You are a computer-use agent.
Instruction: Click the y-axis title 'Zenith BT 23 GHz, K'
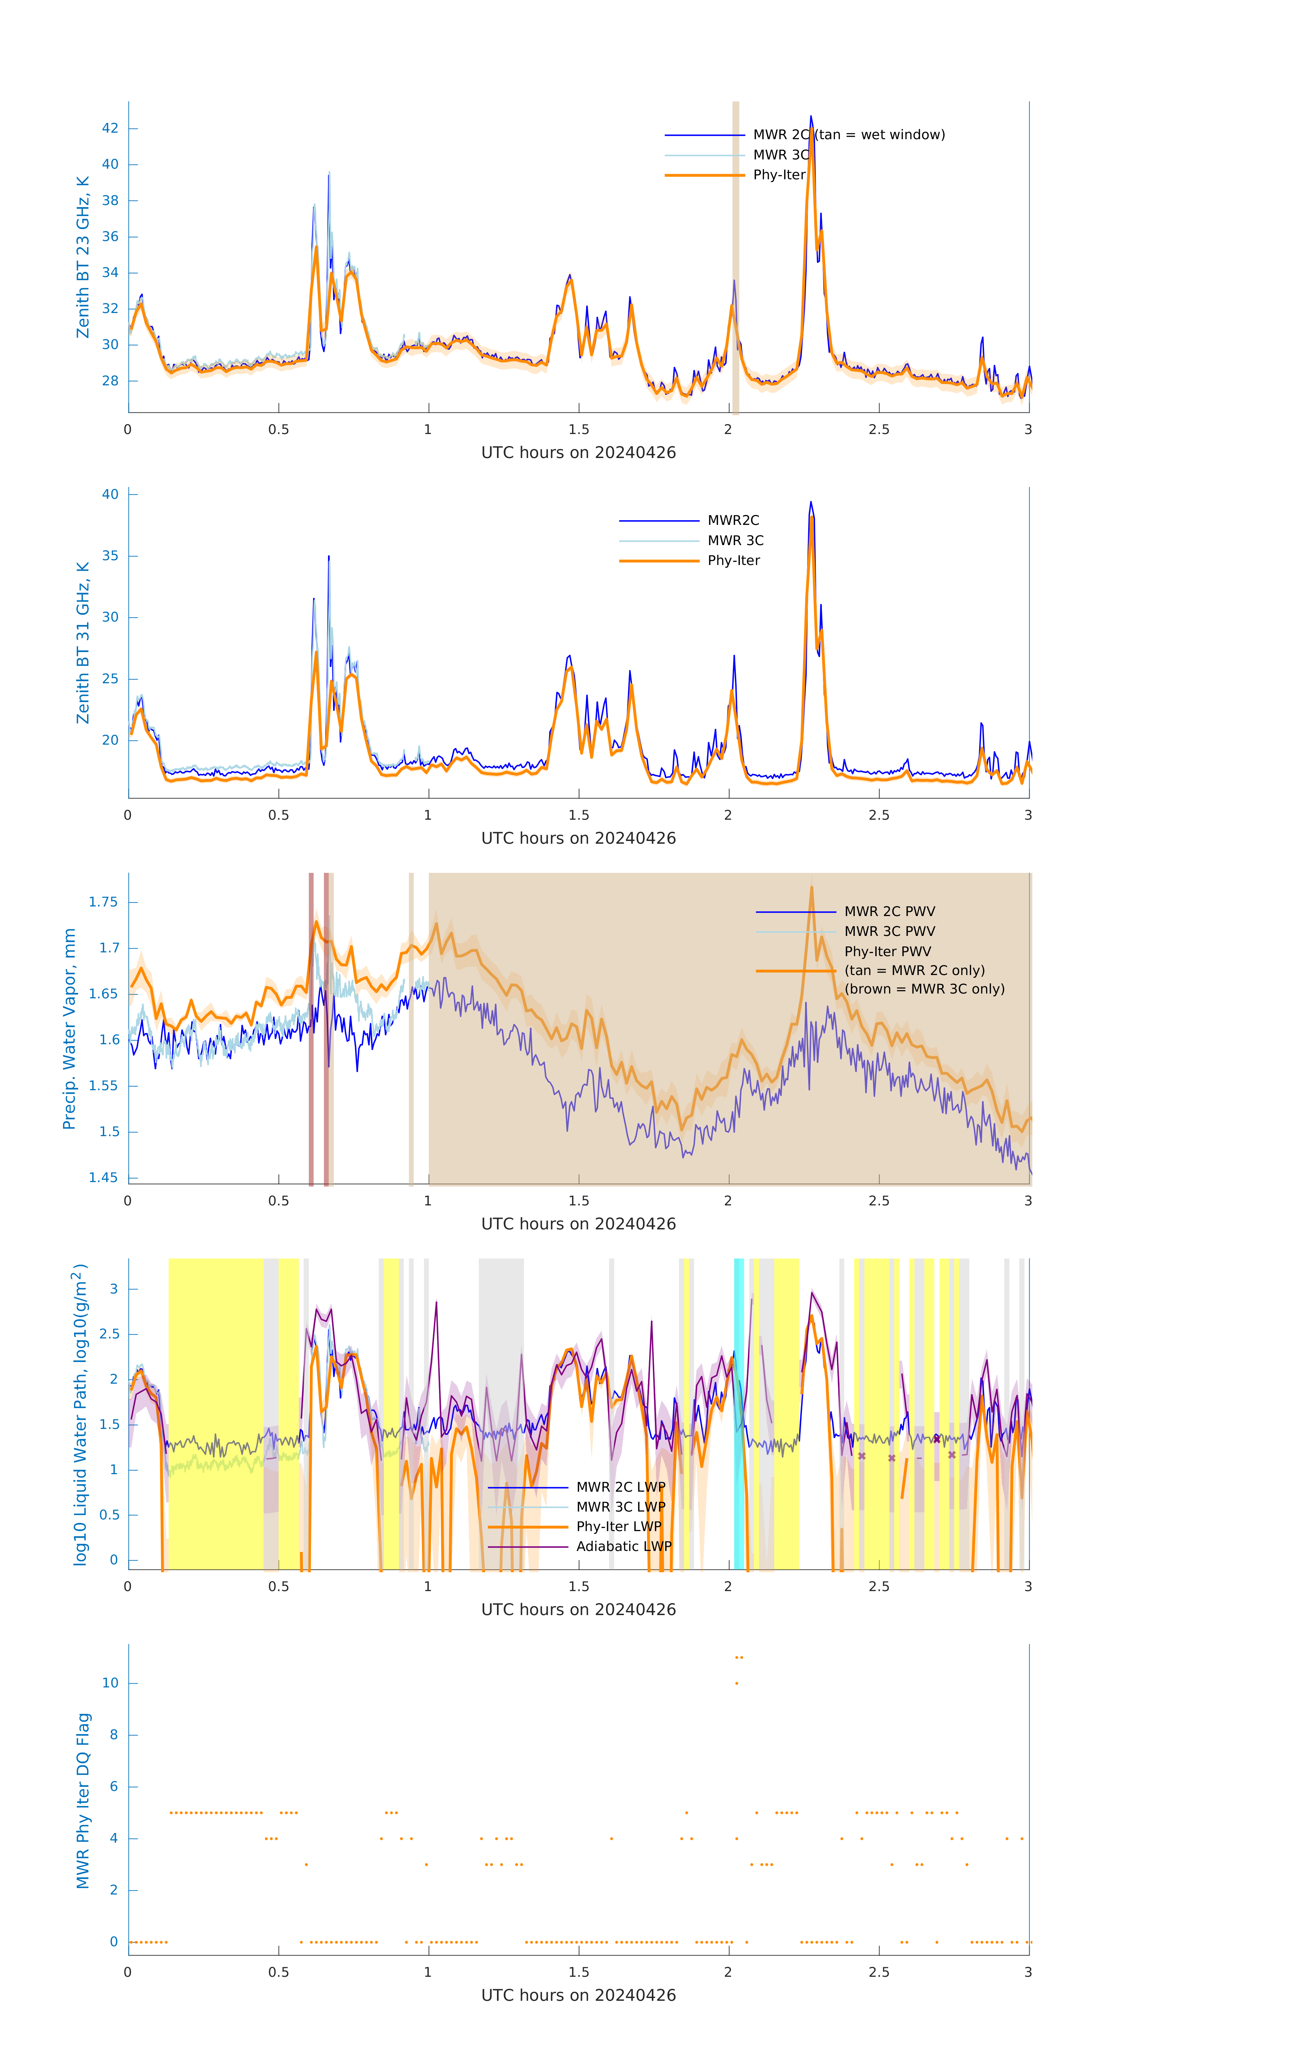tap(83, 257)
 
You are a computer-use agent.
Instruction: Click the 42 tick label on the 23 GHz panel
tap(110, 128)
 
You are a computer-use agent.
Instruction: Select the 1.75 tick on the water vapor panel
tap(104, 902)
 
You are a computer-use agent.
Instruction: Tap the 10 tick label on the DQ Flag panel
tap(110, 1683)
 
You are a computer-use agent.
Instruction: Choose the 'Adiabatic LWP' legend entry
tap(623, 1546)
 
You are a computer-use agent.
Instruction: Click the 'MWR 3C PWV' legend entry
tap(889, 931)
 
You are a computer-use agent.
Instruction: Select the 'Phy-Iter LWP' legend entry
tap(618, 1527)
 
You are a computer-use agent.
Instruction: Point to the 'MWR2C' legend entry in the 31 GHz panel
tap(733, 520)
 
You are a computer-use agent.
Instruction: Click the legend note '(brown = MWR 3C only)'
tap(924, 989)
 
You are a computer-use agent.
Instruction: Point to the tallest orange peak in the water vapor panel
tap(811, 888)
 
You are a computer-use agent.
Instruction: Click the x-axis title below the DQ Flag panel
tap(578, 1996)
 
